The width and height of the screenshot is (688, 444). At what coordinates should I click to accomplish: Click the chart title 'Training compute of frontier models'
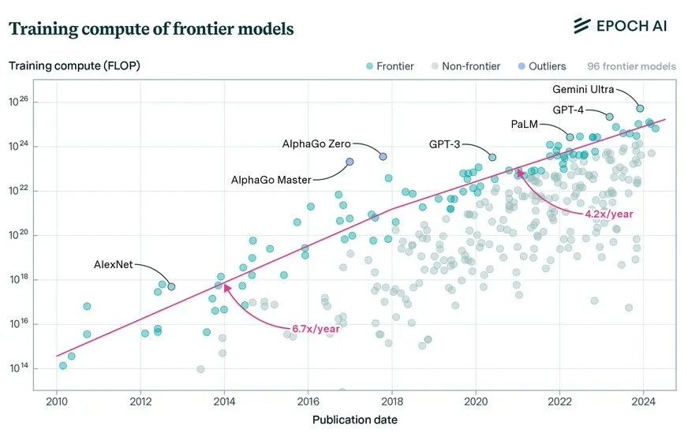tap(151, 29)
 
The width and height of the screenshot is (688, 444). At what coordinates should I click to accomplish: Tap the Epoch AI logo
tap(620, 26)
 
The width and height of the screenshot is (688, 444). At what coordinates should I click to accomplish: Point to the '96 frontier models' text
tap(631, 66)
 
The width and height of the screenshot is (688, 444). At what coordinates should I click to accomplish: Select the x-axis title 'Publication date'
tap(355, 420)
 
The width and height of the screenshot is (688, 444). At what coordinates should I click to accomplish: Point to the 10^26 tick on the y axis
tap(27, 102)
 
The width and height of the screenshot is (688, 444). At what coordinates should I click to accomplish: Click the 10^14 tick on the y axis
tap(27, 368)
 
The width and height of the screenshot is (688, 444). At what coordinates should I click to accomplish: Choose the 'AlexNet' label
tap(114, 264)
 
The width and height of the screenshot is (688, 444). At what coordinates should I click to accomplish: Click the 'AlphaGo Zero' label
tap(316, 144)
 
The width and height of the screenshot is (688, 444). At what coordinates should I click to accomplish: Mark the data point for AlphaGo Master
tap(350, 162)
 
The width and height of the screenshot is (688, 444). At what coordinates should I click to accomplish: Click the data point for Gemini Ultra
tap(640, 108)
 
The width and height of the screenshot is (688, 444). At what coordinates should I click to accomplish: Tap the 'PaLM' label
tap(524, 124)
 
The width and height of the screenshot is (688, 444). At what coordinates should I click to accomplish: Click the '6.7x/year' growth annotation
tap(316, 328)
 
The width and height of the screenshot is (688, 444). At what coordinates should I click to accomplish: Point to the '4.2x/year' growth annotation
tap(608, 214)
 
